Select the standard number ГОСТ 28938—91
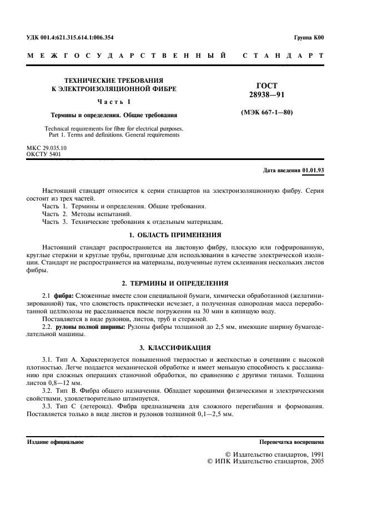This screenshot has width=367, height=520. (x=267, y=91)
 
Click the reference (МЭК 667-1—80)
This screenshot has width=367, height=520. (x=267, y=113)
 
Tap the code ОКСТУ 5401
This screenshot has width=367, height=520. (x=45, y=154)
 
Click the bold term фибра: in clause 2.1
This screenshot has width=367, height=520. (x=62, y=294)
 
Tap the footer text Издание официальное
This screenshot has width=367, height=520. (x=56, y=442)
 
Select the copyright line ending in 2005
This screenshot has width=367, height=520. (x=265, y=461)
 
